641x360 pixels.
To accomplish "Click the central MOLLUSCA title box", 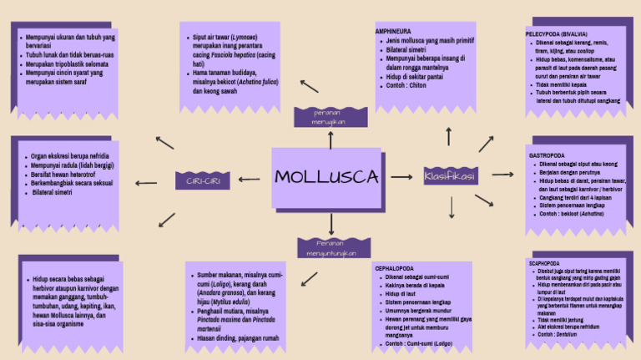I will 326,177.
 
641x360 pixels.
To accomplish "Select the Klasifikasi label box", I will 450,177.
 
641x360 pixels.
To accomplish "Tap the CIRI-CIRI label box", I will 202,180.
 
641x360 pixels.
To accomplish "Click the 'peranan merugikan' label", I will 330,117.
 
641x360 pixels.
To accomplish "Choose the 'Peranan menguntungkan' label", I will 331,247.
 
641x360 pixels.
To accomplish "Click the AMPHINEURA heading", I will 394,31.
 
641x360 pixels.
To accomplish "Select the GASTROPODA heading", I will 548,155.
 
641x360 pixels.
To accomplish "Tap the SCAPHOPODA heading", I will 548,262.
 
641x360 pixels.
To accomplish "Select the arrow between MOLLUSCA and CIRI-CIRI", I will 251,178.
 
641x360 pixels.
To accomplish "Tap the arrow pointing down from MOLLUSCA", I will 331,223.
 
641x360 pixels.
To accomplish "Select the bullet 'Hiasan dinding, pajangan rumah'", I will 239,338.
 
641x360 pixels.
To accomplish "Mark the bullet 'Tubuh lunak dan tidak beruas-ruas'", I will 70,55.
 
